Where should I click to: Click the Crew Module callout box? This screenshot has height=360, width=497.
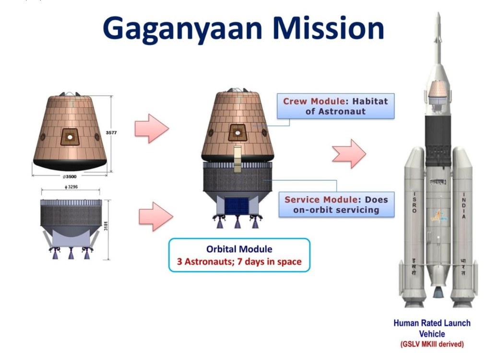pos(335,106)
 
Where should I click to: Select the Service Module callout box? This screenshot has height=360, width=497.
pos(336,205)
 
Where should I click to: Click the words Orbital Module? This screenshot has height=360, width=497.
pos(239,249)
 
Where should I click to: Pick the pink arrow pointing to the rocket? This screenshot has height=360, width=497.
pos(349,154)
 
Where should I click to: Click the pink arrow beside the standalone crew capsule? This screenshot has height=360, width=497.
pos(152,128)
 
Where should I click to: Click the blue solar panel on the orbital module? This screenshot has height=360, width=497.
pos(237,206)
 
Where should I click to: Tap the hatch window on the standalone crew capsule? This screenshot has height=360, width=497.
pos(70,137)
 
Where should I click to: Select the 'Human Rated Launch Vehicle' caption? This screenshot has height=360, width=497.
pos(432,328)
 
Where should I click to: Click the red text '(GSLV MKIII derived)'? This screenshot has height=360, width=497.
pos(432,344)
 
